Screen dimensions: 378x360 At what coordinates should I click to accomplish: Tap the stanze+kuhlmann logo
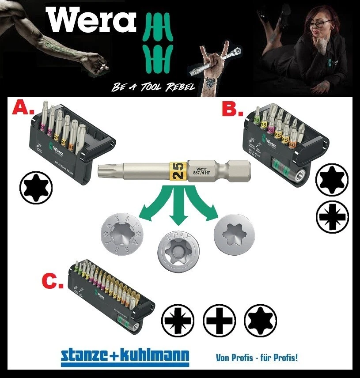(125, 355)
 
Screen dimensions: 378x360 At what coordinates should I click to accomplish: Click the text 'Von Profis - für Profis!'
(257, 357)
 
